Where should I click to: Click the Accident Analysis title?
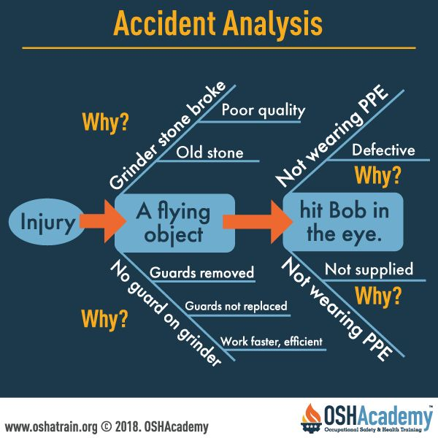(218, 24)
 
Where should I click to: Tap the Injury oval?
(46, 222)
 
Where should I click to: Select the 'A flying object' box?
(174, 223)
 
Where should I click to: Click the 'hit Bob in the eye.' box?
(343, 222)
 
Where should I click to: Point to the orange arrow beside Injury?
(103, 221)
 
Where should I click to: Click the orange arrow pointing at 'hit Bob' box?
(258, 222)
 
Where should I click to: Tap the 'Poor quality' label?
(263, 110)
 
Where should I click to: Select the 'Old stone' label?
(210, 153)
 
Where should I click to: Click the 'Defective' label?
(383, 150)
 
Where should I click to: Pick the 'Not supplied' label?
(369, 269)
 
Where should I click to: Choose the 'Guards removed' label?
(201, 272)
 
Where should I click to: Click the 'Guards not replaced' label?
(236, 306)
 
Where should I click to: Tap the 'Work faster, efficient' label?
(272, 342)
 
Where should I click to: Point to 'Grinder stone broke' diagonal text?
(167, 135)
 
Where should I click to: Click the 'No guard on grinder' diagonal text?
(166, 313)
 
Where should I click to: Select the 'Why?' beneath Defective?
(377, 176)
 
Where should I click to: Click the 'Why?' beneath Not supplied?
(378, 296)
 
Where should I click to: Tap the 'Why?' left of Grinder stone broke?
(106, 123)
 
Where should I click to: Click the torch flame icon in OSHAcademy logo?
(312, 414)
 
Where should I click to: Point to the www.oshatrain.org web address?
(51, 427)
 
